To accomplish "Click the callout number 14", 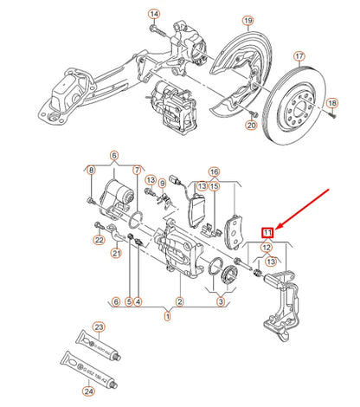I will click(x=154, y=15).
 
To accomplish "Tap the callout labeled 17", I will click(x=300, y=58).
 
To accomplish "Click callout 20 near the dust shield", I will click(x=251, y=126).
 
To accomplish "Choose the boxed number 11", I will click(x=268, y=232).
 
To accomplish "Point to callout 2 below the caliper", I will click(x=179, y=301).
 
